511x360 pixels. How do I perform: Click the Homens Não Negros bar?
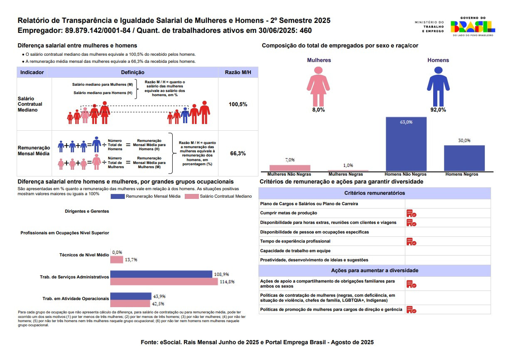coord(406,144)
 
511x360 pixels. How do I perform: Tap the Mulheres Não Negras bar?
coord(290,168)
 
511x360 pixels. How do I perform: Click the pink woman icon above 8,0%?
coord(318,86)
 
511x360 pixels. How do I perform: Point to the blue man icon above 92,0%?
coord(438,86)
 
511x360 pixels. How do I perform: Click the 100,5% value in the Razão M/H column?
coord(238,104)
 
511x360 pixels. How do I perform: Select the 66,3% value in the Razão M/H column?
coord(238,153)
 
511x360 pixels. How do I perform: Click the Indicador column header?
coord(32,72)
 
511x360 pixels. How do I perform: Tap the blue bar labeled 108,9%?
coord(161,274)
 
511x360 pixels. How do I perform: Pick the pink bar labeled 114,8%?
coord(164,282)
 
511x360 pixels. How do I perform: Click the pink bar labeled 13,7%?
coord(117,260)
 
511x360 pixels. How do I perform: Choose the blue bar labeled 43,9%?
coord(131,296)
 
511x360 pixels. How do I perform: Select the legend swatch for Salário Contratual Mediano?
coord(192,196)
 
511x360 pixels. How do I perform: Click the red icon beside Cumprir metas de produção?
coord(411,213)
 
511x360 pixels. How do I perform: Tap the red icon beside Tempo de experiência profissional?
coord(411,241)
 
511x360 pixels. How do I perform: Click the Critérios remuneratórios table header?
coord(375,193)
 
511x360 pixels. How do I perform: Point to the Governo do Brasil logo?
coord(473,27)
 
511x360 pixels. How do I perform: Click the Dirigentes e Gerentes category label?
coord(87,211)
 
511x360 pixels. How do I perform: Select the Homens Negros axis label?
coord(461,174)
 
